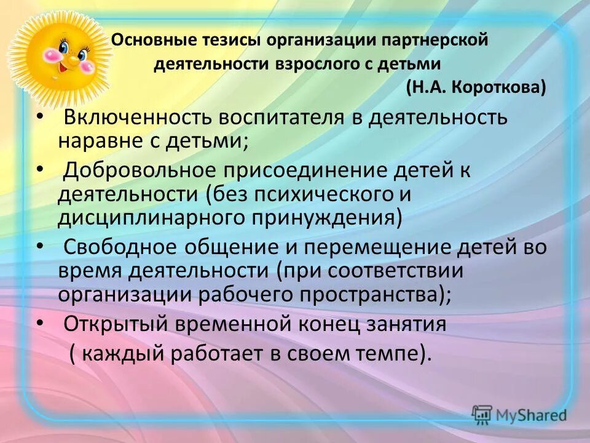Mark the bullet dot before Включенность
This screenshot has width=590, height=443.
40,115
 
